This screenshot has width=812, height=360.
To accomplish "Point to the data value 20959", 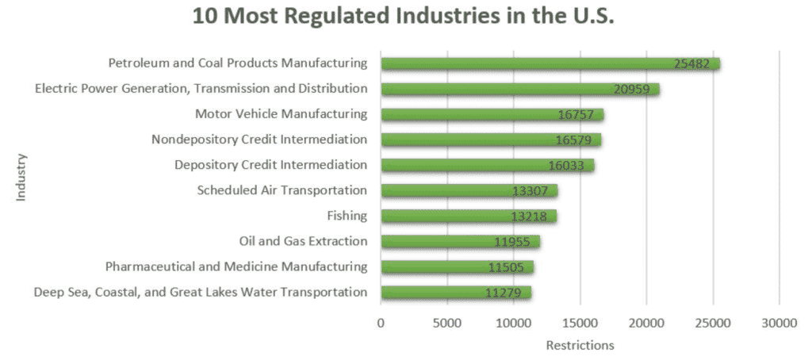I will coord(631,90).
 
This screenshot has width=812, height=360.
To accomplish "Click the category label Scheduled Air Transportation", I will coord(282,190).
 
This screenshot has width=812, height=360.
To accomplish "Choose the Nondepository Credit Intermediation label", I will coord(259,140).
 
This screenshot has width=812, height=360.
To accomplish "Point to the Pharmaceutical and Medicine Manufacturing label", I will coord(236,266).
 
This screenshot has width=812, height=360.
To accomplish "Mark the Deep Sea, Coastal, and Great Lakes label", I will coord(201,292).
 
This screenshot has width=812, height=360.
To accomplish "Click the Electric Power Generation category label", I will coord(201,88).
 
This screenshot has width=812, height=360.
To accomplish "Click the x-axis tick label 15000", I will coord(580,323).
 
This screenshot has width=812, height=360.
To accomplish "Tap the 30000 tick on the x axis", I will coord(779,323).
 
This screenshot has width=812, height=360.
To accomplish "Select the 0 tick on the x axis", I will coord(381,323).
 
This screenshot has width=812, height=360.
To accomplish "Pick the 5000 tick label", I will coord(447,323).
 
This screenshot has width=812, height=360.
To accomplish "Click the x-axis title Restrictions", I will coord(580,345).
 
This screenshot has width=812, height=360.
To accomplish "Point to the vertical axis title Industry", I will coord(21,178).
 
